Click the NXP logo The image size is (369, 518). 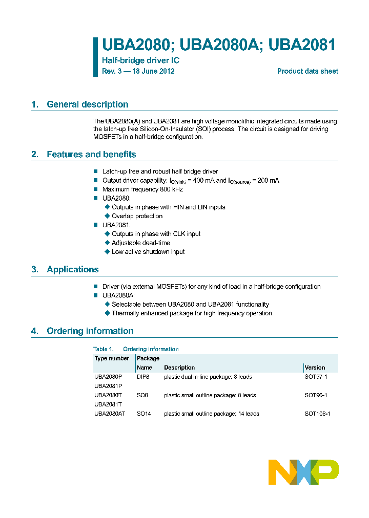[303, 472]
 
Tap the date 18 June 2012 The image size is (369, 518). [153, 71]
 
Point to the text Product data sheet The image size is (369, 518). [307, 71]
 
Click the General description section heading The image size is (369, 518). [87, 104]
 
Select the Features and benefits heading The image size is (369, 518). [91, 154]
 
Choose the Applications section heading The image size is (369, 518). [72, 269]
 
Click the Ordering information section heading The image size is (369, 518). [90, 331]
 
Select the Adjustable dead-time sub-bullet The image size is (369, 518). [141, 243]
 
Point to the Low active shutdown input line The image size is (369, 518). [148, 252]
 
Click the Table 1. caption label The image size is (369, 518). [103, 349]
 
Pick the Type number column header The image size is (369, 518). [112, 358]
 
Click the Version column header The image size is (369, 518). [315, 368]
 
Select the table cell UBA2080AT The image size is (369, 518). [110, 414]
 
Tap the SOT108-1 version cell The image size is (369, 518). [317, 414]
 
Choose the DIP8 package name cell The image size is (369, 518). [143, 377]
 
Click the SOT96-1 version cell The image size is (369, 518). [316, 395]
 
